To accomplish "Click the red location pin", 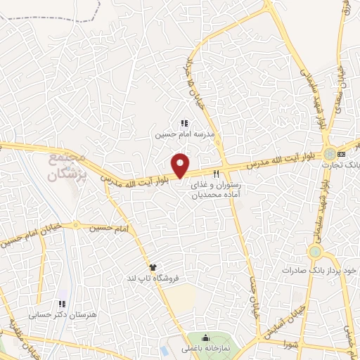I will (x=181, y=165).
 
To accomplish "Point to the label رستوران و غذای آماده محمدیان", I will (x=217, y=189).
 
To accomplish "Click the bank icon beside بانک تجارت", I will (x=342, y=153).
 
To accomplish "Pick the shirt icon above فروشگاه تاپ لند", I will (x=153, y=266).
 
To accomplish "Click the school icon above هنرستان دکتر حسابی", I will (x=62, y=304).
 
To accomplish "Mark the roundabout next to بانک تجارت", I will (x=329, y=153).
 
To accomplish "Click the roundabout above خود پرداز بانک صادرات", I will (x=314, y=251).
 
